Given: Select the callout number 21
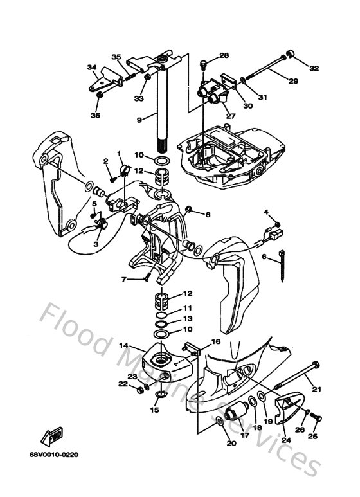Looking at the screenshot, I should coord(316,388).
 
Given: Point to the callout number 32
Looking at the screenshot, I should coord(314,68).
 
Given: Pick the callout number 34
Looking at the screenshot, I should coord(92,67).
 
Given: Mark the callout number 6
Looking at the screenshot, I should coord(264,256).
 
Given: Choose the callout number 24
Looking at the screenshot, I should coord(285,440).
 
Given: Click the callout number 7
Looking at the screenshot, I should coord(123,279).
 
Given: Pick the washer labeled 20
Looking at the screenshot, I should coord(219,422).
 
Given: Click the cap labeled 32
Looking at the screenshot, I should coord(291,53).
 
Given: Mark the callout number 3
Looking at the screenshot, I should coord(96,244).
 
